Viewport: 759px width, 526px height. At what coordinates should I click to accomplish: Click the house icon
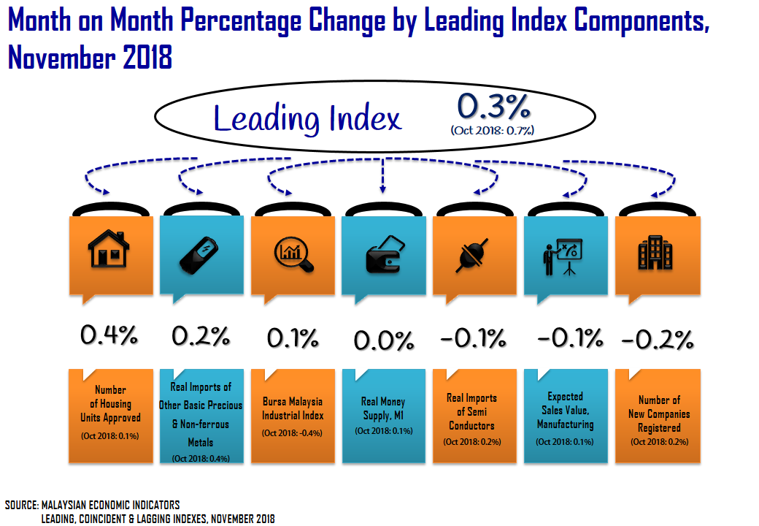coord(109,251)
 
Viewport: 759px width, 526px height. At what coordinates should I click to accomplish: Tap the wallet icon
coord(382,254)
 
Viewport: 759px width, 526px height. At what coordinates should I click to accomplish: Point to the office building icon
coord(655,253)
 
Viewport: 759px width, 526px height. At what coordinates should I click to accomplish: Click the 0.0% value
coord(384,340)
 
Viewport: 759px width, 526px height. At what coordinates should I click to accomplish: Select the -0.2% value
coord(656,340)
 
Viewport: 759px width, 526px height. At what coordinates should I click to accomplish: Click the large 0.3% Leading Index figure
coord(493,108)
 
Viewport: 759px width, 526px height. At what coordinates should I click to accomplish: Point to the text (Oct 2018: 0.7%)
coord(493,131)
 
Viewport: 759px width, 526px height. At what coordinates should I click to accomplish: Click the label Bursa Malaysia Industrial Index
coord(293,408)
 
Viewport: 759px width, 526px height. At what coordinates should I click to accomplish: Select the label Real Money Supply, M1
coord(383,408)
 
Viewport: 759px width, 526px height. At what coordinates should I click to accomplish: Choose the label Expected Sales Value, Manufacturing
coord(566,411)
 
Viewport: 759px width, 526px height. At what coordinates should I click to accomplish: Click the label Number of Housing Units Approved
coord(110,404)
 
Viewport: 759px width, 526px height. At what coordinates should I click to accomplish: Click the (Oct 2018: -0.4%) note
coord(292,432)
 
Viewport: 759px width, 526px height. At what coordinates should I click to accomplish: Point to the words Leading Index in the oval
coord(307,118)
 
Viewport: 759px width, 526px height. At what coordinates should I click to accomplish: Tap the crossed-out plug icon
coord(474,254)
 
